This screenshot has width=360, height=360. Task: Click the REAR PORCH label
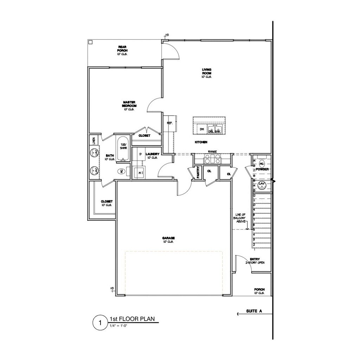pyautogui.click(x=122, y=49)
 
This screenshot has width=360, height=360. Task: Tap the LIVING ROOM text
pyautogui.click(x=206, y=71)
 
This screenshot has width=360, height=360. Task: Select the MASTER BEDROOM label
pyautogui.click(x=129, y=104)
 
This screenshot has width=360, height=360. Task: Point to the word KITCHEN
pyautogui.click(x=201, y=142)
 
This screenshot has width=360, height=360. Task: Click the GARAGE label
pyautogui.click(x=169, y=238)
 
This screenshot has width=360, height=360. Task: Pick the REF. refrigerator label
pyautogui.click(x=169, y=123)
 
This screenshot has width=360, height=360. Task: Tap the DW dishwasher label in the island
pyautogui.click(x=202, y=129)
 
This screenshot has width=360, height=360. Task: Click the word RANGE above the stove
pyautogui.click(x=212, y=152)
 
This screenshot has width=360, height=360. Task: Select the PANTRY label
pyautogui.click(x=198, y=173)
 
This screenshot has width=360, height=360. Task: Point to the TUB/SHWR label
pyautogui.click(x=123, y=146)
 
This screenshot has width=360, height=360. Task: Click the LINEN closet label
pyautogui.click(x=94, y=141)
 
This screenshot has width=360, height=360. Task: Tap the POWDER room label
pyautogui.click(x=262, y=169)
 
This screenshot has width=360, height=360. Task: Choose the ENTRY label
pyautogui.click(x=255, y=259)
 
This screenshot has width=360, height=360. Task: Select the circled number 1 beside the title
pyautogui.click(x=100, y=322)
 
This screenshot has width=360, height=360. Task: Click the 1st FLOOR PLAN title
pyautogui.click(x=132, y=319)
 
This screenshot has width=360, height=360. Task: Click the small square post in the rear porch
pyautogui.click(x=90, y=42)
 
